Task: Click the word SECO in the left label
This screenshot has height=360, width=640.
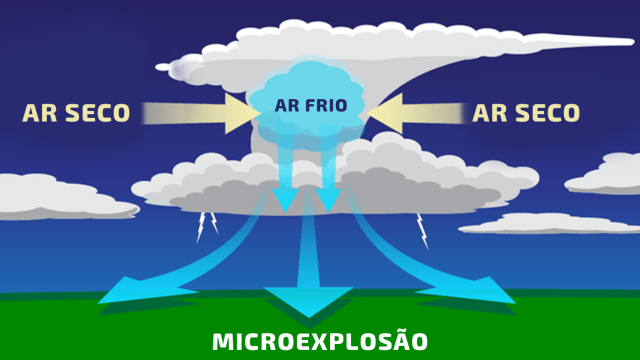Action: coord(96,113)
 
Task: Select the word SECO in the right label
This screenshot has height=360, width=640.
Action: coord(546,113)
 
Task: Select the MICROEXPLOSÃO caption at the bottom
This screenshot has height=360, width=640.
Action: coord(320,342)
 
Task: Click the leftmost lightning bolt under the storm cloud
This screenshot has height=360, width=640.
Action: coord(201,228)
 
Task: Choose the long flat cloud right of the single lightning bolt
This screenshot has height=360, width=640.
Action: coord(545,223)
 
